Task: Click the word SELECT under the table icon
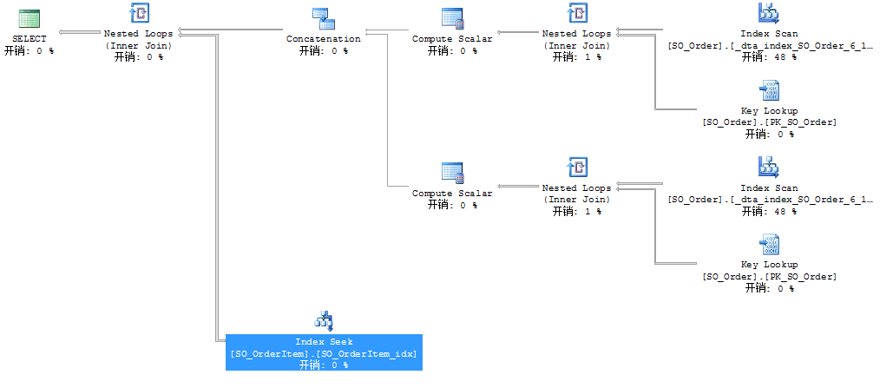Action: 30,39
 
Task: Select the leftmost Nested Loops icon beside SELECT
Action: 139,13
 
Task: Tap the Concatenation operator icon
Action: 323,17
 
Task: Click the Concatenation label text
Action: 323,39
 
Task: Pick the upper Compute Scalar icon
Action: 452,19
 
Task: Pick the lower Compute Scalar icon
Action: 452,174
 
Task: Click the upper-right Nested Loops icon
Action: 577,13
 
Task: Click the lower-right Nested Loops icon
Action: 577,168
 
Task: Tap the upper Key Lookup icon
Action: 769,90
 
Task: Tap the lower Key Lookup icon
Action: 769,244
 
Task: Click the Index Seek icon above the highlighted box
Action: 324,321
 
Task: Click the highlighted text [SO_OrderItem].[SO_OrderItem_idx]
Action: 324,353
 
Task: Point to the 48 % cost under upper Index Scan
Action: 769,56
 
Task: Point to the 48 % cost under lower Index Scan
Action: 769,211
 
